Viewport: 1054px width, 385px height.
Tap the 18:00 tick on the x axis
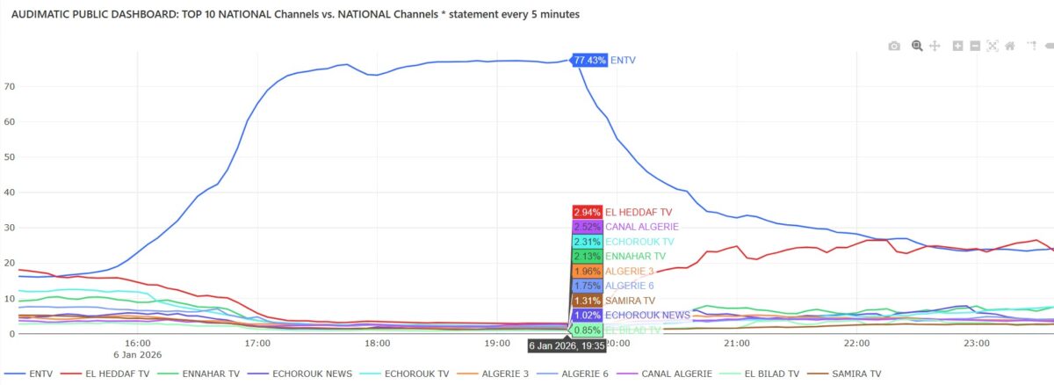click(378, 343)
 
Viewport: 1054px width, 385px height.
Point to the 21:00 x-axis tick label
click(737, 343)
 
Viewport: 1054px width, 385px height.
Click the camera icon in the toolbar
click(894, 46)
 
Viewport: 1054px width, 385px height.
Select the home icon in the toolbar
click(1010, 46)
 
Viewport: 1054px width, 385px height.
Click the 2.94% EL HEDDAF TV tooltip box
click(587, 212)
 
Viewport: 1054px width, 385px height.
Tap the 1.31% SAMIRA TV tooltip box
click(587, 301)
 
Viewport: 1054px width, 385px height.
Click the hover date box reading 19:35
click(567, 346)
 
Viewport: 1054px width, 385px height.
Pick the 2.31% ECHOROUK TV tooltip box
click(587, 242)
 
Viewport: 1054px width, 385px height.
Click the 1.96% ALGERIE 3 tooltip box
click(587, 271)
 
